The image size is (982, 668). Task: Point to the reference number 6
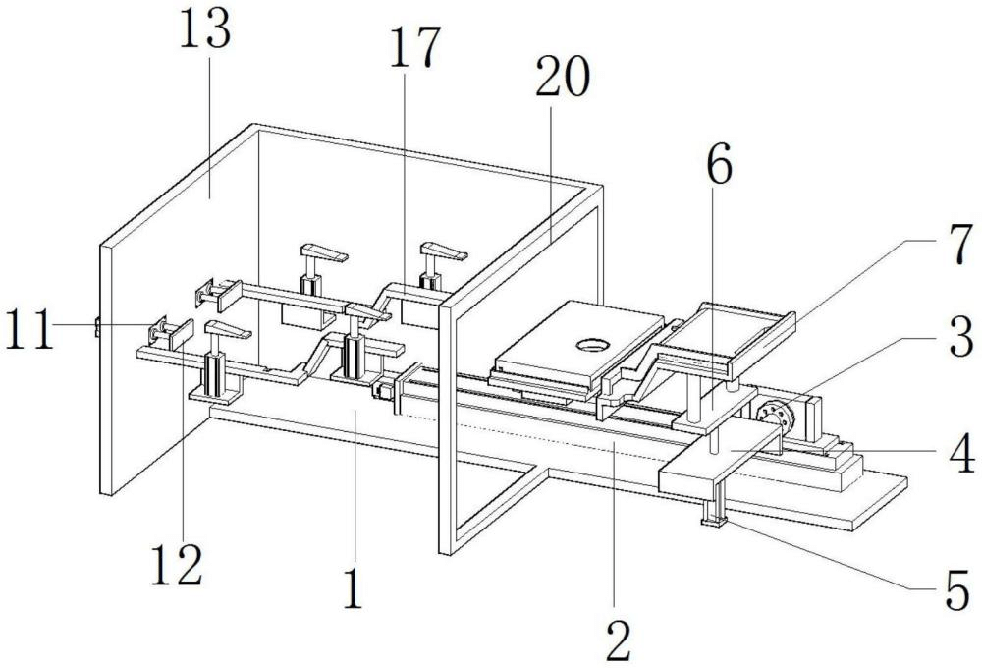coord(718,169)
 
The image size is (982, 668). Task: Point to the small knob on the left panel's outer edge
coord(97,326)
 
